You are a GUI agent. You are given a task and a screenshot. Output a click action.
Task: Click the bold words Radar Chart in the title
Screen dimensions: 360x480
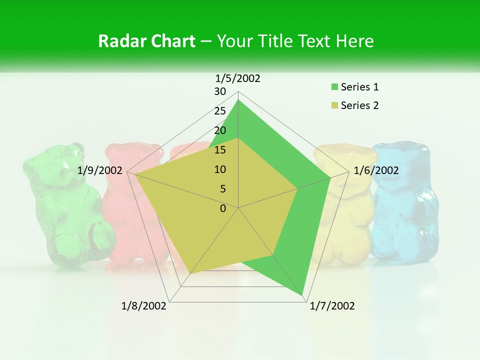point(146,41)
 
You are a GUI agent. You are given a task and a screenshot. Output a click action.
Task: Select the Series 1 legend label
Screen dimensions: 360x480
point(359,87)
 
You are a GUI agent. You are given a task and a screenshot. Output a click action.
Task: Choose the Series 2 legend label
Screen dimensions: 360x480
point(359,105)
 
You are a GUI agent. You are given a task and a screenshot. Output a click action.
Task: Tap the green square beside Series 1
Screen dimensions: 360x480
point(334,87)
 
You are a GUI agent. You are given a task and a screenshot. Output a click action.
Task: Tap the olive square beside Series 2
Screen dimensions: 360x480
point(334,106)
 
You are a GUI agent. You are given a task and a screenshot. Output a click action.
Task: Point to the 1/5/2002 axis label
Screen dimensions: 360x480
point(237,78)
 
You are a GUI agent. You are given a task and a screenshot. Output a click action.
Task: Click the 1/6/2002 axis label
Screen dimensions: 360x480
point(376,170)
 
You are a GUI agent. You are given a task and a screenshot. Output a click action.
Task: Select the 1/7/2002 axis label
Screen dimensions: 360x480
point(332,306)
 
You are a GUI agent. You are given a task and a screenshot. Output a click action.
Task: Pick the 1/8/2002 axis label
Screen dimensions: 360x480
point(144,306)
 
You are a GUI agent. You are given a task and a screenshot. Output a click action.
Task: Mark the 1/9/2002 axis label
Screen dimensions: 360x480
point(100,170)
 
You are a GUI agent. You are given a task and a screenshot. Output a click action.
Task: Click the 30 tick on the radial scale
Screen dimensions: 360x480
point(220,91)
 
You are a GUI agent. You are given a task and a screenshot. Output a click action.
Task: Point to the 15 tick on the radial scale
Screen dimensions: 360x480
point(220,150)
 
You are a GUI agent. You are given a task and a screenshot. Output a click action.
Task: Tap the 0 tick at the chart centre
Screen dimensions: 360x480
point(223,208)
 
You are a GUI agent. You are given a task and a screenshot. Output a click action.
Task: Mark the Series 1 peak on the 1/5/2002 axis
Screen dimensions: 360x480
point(238,100)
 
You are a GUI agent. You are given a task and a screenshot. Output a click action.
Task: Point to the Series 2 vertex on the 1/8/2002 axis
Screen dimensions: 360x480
point(190,273)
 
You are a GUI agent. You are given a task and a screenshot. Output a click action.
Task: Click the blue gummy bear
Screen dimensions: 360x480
point(405,200)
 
